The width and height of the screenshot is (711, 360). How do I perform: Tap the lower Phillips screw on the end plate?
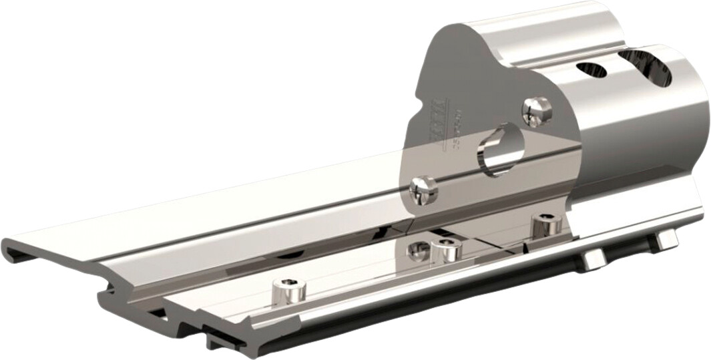[x=423, y=190]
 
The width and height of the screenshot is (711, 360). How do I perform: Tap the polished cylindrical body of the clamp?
[x=641, y=134]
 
